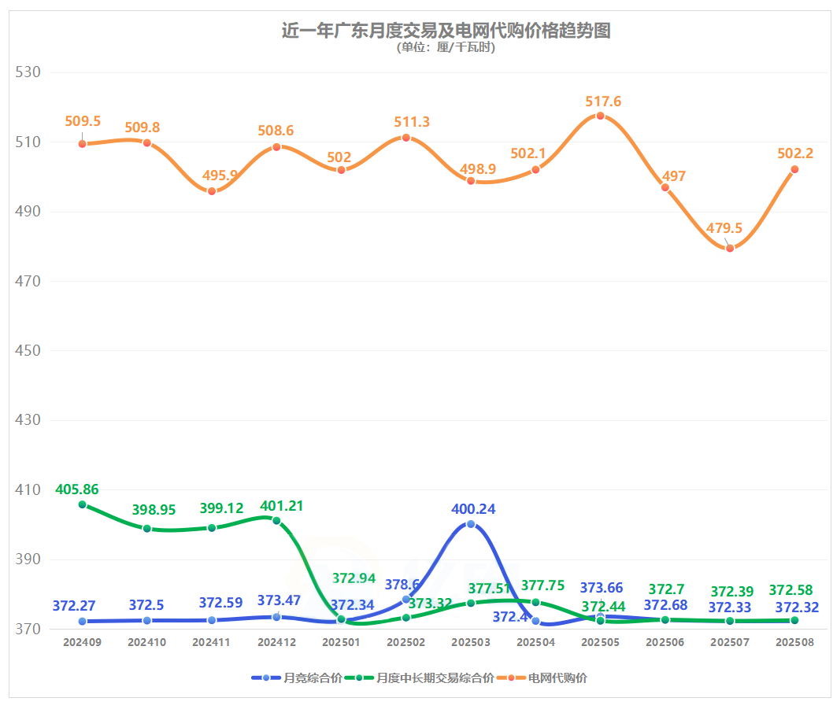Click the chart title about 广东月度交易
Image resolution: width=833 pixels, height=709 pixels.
point(446,31)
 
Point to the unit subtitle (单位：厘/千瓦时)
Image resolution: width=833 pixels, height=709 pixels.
point(446,47)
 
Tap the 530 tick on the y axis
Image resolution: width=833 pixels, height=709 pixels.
point(28,72)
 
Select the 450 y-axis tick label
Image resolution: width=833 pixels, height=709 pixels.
point(28,351)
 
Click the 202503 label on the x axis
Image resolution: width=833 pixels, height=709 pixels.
point(471,642)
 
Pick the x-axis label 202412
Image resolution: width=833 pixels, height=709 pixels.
point(276,642)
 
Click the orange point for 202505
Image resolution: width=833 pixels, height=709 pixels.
point(600,116)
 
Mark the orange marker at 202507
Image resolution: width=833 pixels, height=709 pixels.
point(730,248)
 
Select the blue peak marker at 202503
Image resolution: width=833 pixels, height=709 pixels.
point(471,524)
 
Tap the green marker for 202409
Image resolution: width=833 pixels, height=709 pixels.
point(82,504)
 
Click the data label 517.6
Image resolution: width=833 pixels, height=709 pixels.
point(603,102)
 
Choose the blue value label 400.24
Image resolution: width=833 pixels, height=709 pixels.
point(473,509)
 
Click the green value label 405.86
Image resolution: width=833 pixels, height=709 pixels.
point(77,489)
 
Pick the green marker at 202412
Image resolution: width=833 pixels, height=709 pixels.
point(276,520)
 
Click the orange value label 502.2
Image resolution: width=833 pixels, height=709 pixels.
point(794,153)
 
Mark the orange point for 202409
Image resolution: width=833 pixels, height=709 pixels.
point(82,143)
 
